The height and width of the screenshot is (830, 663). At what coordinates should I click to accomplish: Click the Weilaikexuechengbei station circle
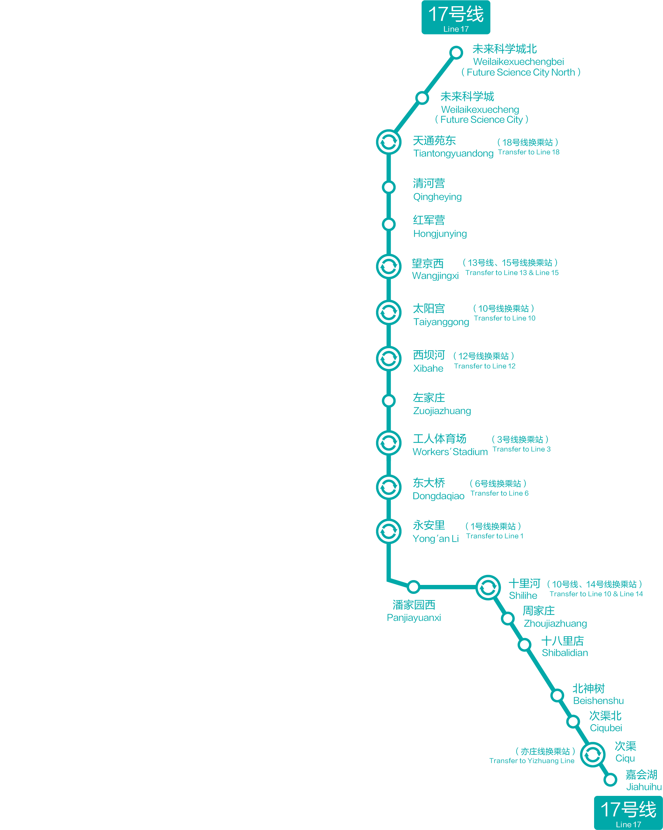pos(456,52)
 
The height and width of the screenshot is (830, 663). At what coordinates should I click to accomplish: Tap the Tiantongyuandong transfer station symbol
pos(389,142)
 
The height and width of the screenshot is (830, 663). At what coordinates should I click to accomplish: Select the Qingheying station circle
pos(389,187)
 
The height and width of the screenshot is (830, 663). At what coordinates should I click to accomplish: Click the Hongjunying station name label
pos(439,227)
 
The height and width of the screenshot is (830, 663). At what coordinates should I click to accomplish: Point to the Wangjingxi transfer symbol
pos(389,266)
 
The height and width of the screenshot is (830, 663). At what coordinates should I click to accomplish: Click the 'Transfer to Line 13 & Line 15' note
pos(511,273)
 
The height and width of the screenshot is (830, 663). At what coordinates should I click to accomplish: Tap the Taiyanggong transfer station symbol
pos(389,312)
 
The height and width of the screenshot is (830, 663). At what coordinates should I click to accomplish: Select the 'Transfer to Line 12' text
pos(484,366)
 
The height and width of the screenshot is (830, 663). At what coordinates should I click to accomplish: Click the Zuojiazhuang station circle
pos(389,401)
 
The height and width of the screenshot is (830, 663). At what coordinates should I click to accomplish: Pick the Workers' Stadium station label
pos(450,445)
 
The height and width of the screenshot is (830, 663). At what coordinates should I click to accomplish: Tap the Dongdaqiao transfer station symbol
pos(389,487)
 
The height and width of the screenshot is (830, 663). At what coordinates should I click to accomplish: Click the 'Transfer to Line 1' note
pos(494,536)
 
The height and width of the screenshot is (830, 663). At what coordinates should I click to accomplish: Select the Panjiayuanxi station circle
pos(414,587)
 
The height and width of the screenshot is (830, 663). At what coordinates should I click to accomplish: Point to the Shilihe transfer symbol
pos(488,587)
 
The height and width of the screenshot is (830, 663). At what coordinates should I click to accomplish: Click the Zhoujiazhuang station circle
pos(508,619)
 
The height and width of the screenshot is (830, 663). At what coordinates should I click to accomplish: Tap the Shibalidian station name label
pos(564,647)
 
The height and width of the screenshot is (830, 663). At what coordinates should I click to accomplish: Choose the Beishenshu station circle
pos(557,696)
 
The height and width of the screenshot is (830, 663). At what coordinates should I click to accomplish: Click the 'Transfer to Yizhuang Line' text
pos(531,761)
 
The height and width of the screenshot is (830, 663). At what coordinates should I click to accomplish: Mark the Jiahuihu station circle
pos(610,780)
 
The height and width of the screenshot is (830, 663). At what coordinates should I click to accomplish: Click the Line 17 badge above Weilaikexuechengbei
pos(456,17)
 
